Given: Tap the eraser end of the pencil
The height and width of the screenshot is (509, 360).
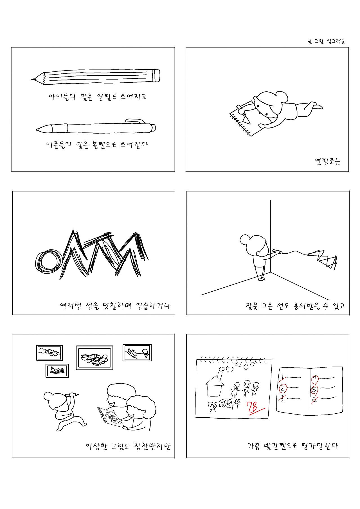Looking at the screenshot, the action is (156, 76).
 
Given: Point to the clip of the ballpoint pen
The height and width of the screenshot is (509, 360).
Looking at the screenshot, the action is (135, 121).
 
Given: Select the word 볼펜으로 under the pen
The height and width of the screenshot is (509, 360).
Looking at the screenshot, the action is (104, 145).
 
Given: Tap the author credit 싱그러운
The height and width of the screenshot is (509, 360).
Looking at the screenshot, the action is (336, 42).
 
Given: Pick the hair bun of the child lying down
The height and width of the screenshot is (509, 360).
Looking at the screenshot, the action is (282, 97).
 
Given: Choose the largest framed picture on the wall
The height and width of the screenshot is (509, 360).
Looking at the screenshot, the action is (94, 358).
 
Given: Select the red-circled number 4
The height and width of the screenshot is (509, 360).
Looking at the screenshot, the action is (315, 380).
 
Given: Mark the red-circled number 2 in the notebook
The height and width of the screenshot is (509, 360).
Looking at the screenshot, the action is (283, 389).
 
